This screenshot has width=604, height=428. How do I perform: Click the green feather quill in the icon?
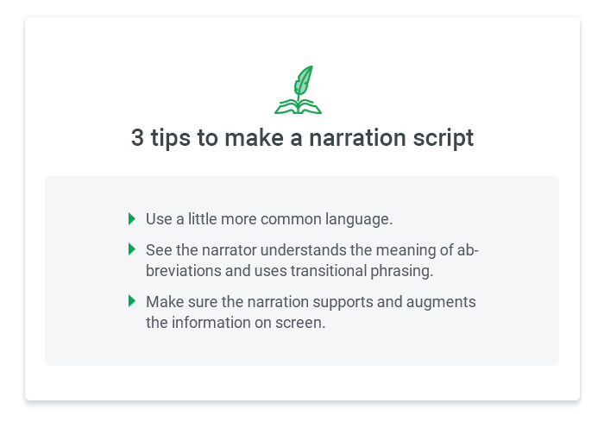[303, 82]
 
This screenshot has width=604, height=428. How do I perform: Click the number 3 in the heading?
[137, 138]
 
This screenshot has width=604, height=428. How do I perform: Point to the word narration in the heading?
[357, 138]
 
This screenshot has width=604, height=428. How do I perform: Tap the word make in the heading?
[255, 137]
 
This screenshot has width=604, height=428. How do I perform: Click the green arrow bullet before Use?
[132, 219]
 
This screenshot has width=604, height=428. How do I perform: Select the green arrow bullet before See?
[132, 249]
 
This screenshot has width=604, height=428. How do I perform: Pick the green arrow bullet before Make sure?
[132, 301]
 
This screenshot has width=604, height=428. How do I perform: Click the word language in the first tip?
[359, 219]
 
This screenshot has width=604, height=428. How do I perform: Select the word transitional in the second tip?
[328, 271]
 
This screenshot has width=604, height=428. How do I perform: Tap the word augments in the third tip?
[441, 302]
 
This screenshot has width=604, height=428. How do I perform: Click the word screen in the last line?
[300, 323]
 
